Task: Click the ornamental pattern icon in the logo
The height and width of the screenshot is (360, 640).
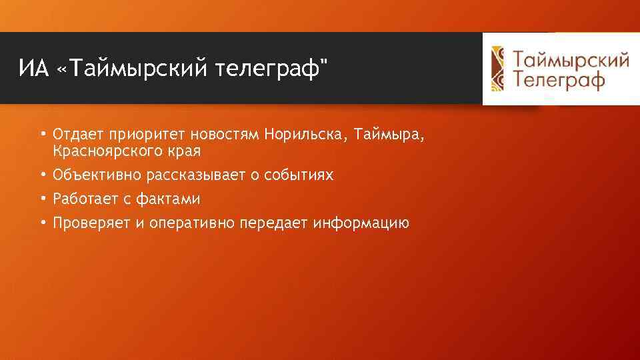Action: [499, 69]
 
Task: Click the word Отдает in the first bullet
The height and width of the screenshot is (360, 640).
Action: [75, 135]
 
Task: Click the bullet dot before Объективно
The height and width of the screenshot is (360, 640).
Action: [43, 175]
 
